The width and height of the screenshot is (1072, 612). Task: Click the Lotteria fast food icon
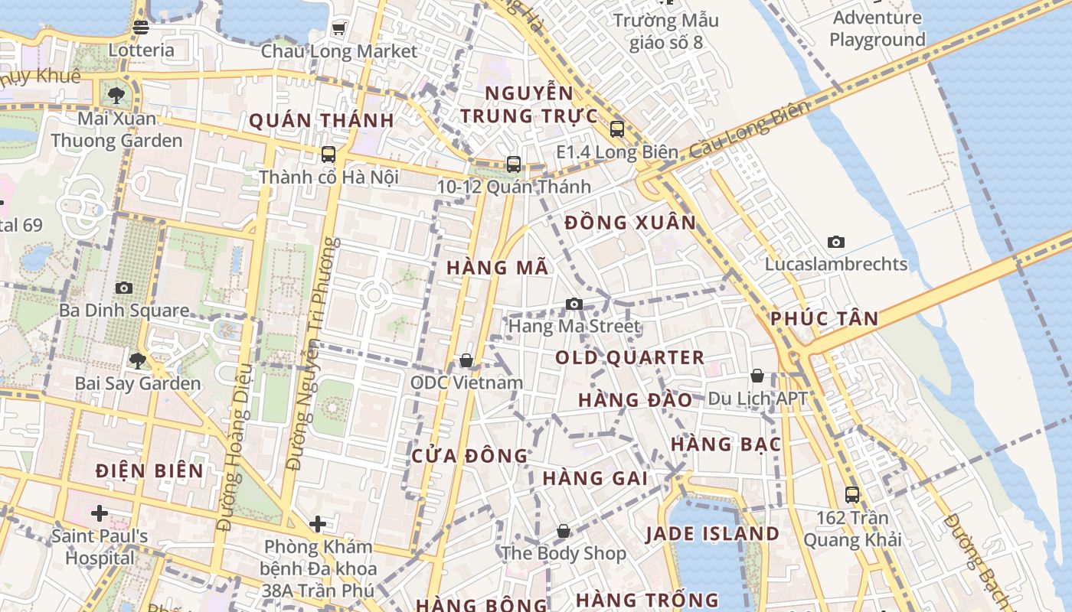point(140,28)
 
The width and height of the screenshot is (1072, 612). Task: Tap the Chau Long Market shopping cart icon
point(338,28)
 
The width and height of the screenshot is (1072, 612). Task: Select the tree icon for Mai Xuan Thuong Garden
point(116,96)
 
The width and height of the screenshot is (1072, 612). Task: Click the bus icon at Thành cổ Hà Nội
point(328,155)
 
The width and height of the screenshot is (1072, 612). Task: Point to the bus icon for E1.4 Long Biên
point(617,129)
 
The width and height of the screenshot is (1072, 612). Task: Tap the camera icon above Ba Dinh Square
point(124,288)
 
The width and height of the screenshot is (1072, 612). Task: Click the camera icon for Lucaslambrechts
point(836,242)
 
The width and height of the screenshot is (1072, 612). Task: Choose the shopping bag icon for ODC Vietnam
point(466,360)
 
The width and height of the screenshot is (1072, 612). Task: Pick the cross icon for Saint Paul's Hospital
point(100,513)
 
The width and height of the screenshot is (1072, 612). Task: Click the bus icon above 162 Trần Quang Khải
point(852,495)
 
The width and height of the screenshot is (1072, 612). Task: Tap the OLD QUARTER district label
point(629,357)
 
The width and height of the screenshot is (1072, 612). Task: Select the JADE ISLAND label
point(713,533)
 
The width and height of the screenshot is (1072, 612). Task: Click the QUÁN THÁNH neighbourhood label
point(322,120)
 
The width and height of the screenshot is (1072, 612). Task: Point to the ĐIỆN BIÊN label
point(149,470)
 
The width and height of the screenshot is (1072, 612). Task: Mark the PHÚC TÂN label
point(825,318)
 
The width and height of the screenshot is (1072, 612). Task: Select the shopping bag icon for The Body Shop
point(564,531)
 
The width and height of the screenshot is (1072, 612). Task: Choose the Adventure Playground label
point(878,28)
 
